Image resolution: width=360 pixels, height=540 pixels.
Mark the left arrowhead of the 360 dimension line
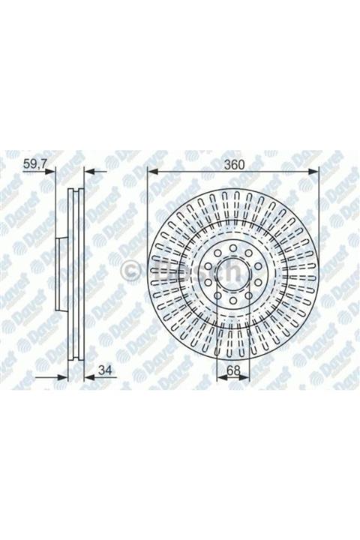[x=152, y=172]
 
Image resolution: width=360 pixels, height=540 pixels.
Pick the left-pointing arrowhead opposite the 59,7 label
[x=87, y=172]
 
